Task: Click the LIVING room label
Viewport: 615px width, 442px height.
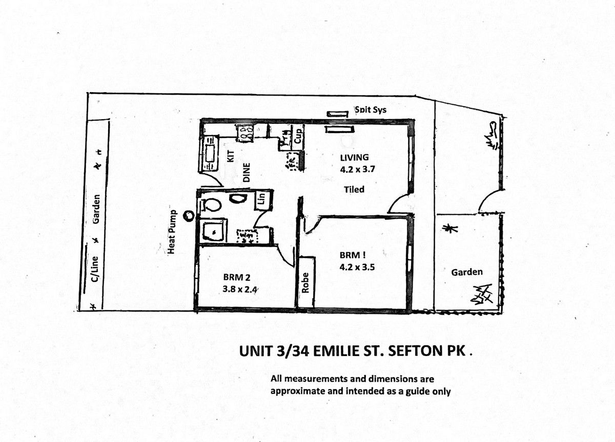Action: [x=355, y=157]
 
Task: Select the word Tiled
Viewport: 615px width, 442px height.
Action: [x=354, y=189]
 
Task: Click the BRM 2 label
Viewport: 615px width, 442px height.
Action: [x=236, y=277]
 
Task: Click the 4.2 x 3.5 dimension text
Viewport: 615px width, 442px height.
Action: [x=357, y=267]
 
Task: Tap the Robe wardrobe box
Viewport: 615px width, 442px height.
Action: [x=306, y=283]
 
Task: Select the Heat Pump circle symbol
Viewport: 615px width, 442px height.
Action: [x=189, y=216]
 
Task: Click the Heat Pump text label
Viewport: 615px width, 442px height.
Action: [x=173, y=232]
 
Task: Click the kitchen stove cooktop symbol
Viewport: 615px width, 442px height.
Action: [x=245, y=132]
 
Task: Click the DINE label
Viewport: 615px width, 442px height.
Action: [x=246, y=172]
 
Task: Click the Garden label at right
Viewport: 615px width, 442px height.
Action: [x=466, y=272]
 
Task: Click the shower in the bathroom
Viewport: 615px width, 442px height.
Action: [x=211, y=231]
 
